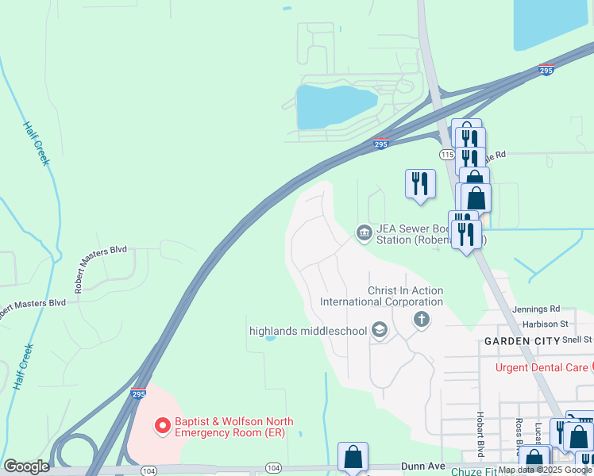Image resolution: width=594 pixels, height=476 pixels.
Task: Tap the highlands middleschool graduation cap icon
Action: [380, 331]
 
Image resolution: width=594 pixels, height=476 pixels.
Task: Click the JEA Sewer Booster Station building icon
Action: [364, 232]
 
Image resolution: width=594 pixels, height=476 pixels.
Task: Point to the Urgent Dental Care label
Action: [542, 367]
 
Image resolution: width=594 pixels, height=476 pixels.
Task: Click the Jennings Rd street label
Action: [542, 309]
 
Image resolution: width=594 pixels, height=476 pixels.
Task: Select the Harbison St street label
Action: [546, 324]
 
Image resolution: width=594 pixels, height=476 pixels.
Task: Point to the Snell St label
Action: [577, 339]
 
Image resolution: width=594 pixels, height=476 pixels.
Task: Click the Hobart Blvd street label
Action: [480, 434]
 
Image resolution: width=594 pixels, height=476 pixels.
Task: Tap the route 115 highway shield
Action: [446, 154]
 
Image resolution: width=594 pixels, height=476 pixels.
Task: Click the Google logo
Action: [26, 466]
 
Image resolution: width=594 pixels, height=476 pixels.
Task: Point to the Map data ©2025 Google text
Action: [545, 470]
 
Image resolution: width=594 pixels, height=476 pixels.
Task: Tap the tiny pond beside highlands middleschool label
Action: [269, 339]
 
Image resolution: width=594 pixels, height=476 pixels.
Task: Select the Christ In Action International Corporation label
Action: [381, 296]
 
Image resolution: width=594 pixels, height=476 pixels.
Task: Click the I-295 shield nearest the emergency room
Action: [138, 393]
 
